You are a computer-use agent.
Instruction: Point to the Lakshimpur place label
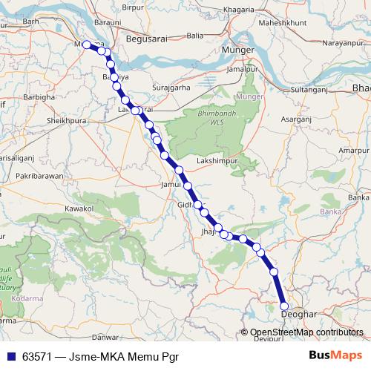point(214,160)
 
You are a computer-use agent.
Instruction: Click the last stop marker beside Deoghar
point(283,306)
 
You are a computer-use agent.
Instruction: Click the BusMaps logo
point(335,355)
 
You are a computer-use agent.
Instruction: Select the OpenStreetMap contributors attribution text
point(306,332)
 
